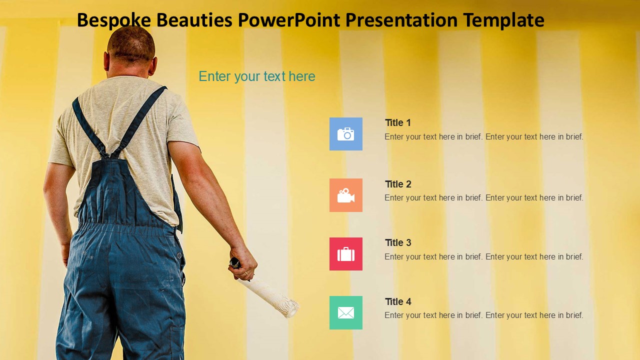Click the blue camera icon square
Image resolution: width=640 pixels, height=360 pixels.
(345, 133)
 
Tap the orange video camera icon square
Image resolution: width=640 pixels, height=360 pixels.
(345, 195)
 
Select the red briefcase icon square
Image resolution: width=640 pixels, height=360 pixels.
(345, 253)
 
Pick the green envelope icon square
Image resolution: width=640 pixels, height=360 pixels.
(345, 312)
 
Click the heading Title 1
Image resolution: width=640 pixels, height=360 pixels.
(397, 122)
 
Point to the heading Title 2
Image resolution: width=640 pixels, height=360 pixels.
(398, 184)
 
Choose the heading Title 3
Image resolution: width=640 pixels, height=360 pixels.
(398, 242)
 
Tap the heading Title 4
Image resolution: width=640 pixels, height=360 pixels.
(398, 301)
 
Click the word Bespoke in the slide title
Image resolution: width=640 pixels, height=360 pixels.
(114, 20)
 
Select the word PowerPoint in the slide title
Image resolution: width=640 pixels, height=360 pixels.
(289, 20)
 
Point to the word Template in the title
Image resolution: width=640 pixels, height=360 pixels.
(503, 20)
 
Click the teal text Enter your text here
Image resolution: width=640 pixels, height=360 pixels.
(257, 76)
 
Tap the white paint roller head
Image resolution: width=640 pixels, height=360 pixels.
(270, 297)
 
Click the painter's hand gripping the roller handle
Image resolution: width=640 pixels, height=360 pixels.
(243, 263)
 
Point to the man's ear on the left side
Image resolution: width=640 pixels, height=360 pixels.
(106, 61)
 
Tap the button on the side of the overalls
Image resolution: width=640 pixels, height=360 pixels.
(179, 255)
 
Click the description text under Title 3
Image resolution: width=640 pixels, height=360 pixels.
(483, 256)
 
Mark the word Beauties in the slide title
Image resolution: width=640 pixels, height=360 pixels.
(194, 20)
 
